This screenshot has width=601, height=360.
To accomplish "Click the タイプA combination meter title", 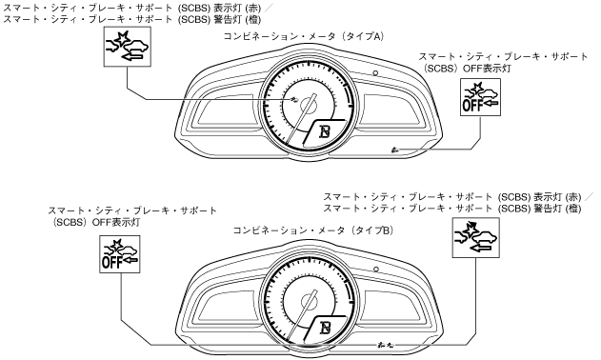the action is [x=303, y=36].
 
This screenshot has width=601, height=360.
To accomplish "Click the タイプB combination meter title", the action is [x=312, y=230].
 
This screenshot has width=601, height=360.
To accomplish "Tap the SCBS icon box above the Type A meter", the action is [x=128, y=47].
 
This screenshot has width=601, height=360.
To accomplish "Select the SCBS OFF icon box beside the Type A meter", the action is [x=480, y=97].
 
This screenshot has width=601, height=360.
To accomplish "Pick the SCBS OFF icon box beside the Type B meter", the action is [x=120, y=254].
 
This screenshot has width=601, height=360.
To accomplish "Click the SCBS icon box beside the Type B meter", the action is [x=475, y=238].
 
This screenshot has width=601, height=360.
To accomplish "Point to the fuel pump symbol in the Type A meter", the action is [x=325, y=131].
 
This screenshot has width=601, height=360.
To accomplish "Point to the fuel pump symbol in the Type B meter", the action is [x=325, y=328].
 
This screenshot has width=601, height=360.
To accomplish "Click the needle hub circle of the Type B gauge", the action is [x=309, y=300].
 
